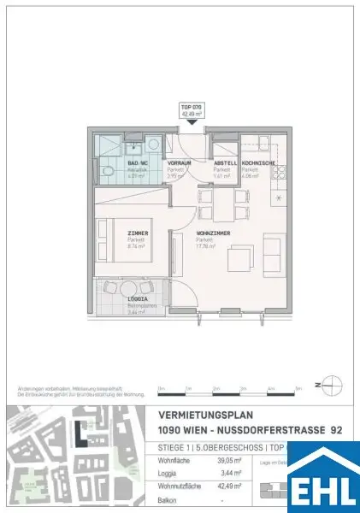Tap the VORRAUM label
click(179, 162)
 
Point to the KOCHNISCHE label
click(258, 162)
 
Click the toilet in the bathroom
click(105, 172)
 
